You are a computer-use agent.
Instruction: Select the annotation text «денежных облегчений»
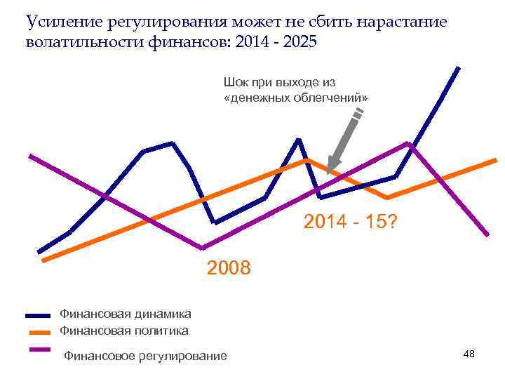295,98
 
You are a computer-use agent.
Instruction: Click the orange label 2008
229,267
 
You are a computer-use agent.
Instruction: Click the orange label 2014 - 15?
351,222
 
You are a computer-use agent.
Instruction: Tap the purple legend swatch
38,349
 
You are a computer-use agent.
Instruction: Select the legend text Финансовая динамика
125,314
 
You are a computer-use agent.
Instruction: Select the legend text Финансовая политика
123,330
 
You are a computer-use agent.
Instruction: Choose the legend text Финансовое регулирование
145,357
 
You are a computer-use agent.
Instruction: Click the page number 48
469,354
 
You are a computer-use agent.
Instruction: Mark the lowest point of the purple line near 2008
203,248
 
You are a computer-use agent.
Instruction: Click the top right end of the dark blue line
458,68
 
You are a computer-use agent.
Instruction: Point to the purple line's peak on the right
408,143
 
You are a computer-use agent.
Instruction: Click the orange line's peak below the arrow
307,160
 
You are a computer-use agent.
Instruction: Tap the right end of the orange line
495,160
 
